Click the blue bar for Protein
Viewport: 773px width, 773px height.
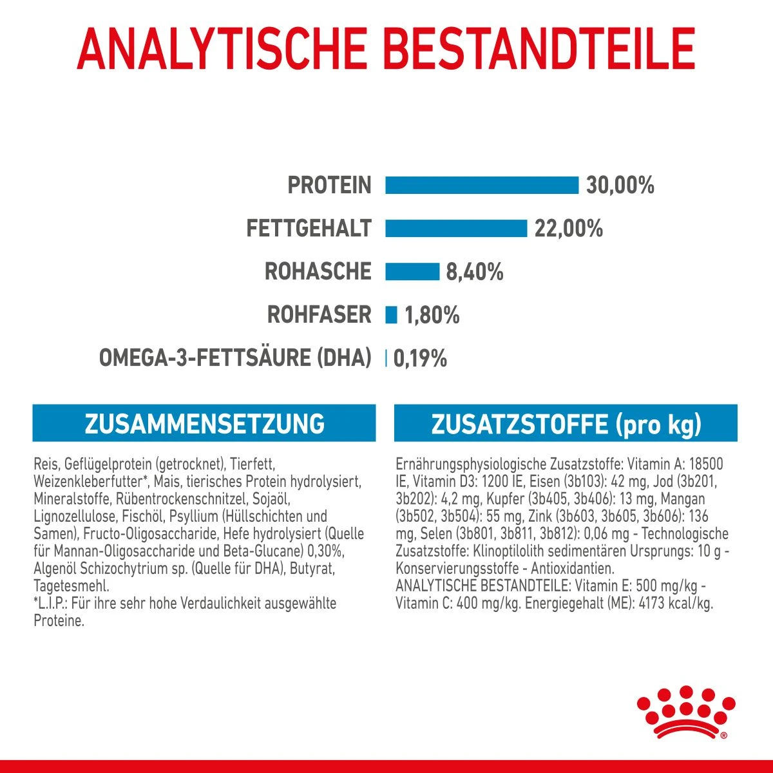click(482, 185)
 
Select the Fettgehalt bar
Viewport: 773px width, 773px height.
click(456, 228)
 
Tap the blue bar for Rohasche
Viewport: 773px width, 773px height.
click(412, 271)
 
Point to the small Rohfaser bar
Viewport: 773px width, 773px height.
click(391, 315)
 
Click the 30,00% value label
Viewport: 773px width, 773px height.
click(620, 186)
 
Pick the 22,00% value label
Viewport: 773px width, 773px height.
click(568, 229)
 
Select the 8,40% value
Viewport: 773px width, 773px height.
click(475, 272)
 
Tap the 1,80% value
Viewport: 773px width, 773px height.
click(432, 316)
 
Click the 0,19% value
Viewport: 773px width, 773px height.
click(419, 359)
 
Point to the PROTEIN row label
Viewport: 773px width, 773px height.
click(329, 186)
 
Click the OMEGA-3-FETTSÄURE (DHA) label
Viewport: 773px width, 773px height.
click(235, 358)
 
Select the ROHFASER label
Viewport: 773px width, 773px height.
click(320, 315)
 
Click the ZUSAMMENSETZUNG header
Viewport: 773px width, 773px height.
click(204, 424)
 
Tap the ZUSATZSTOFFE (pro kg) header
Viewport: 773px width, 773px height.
click(566, 425)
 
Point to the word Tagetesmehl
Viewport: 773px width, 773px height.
click(71, 586)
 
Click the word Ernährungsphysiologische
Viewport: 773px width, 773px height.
click(470, 464)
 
